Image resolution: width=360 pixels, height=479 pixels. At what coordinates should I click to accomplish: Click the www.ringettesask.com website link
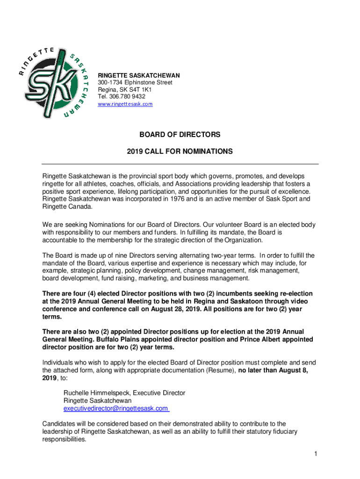[x=125, y=104]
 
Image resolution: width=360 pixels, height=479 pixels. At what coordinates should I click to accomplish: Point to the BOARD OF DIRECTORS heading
[x=180, y=135]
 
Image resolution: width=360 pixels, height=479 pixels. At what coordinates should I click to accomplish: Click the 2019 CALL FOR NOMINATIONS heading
[x=180, y=152]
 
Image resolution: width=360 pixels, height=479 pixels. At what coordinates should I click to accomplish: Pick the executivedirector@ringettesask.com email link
[x=116, y=408]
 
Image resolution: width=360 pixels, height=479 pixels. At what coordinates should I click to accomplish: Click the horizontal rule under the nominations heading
[x=180, y=164]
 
